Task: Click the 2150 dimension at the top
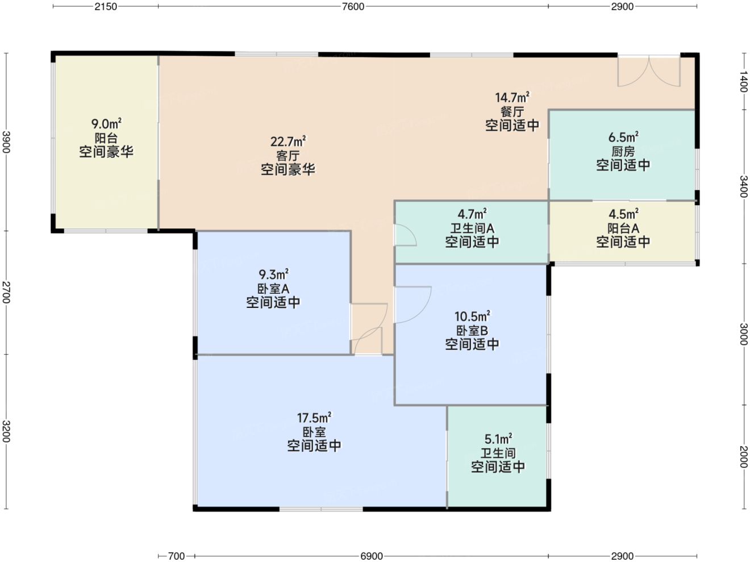106,6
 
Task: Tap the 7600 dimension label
353,6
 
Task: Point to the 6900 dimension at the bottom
372,556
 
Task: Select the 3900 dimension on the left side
6,142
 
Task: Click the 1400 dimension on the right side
744,81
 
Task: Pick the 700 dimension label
176,556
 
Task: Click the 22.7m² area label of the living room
287,141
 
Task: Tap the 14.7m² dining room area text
512,97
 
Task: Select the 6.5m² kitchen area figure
623,137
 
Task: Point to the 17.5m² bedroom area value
314,418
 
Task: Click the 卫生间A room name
472,228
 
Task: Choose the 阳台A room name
623,228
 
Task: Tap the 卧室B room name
472,331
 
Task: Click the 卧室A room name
273,289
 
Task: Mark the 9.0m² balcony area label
106,123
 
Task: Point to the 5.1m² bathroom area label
498,439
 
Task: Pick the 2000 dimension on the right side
744,457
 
